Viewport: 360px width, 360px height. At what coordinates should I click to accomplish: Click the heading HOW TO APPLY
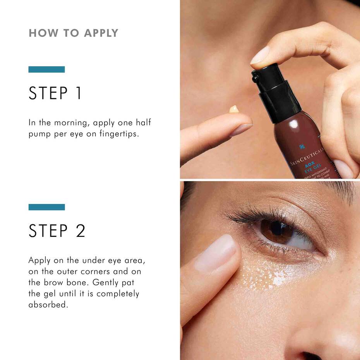[73, 33]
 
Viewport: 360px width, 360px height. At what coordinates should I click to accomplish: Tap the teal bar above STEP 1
[46, 70]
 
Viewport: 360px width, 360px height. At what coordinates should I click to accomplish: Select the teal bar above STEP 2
[46, 207]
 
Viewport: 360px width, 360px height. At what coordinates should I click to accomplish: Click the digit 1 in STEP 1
[79, 93]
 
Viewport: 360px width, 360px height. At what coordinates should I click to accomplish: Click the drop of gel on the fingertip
[234, 110]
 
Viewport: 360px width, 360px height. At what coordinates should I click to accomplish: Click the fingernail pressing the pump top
[259, 56]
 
